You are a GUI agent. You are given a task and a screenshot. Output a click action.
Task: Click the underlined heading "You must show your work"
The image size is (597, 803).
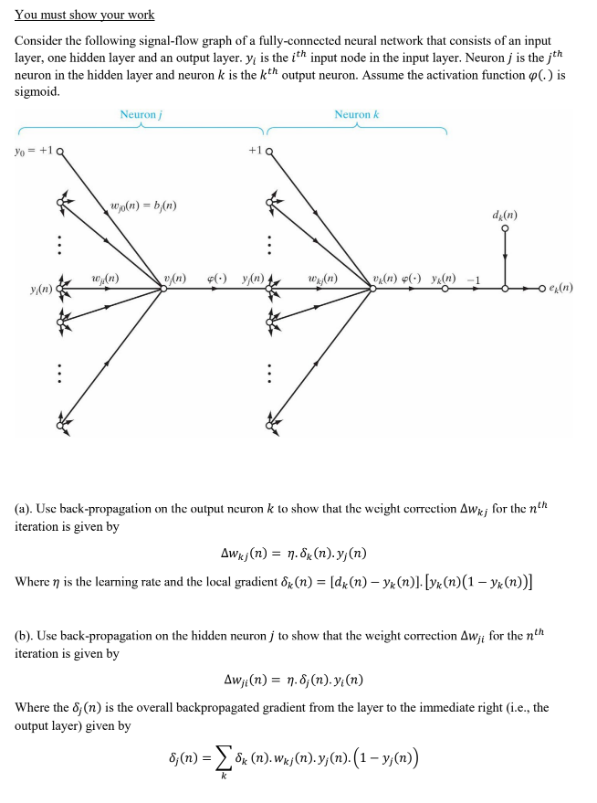85,15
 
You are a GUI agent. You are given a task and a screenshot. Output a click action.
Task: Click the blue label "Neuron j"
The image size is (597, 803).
141,114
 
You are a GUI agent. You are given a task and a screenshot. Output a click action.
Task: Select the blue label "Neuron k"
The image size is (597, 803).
356,114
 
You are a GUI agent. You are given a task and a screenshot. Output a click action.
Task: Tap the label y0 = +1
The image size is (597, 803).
31,151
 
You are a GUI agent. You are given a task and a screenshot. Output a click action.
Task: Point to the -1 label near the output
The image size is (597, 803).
474,279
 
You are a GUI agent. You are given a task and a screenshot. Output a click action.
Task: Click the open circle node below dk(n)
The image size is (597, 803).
505,230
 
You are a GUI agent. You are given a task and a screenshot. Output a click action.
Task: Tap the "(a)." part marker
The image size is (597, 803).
26,507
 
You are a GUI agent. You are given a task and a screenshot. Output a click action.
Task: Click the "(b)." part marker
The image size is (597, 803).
26,634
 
